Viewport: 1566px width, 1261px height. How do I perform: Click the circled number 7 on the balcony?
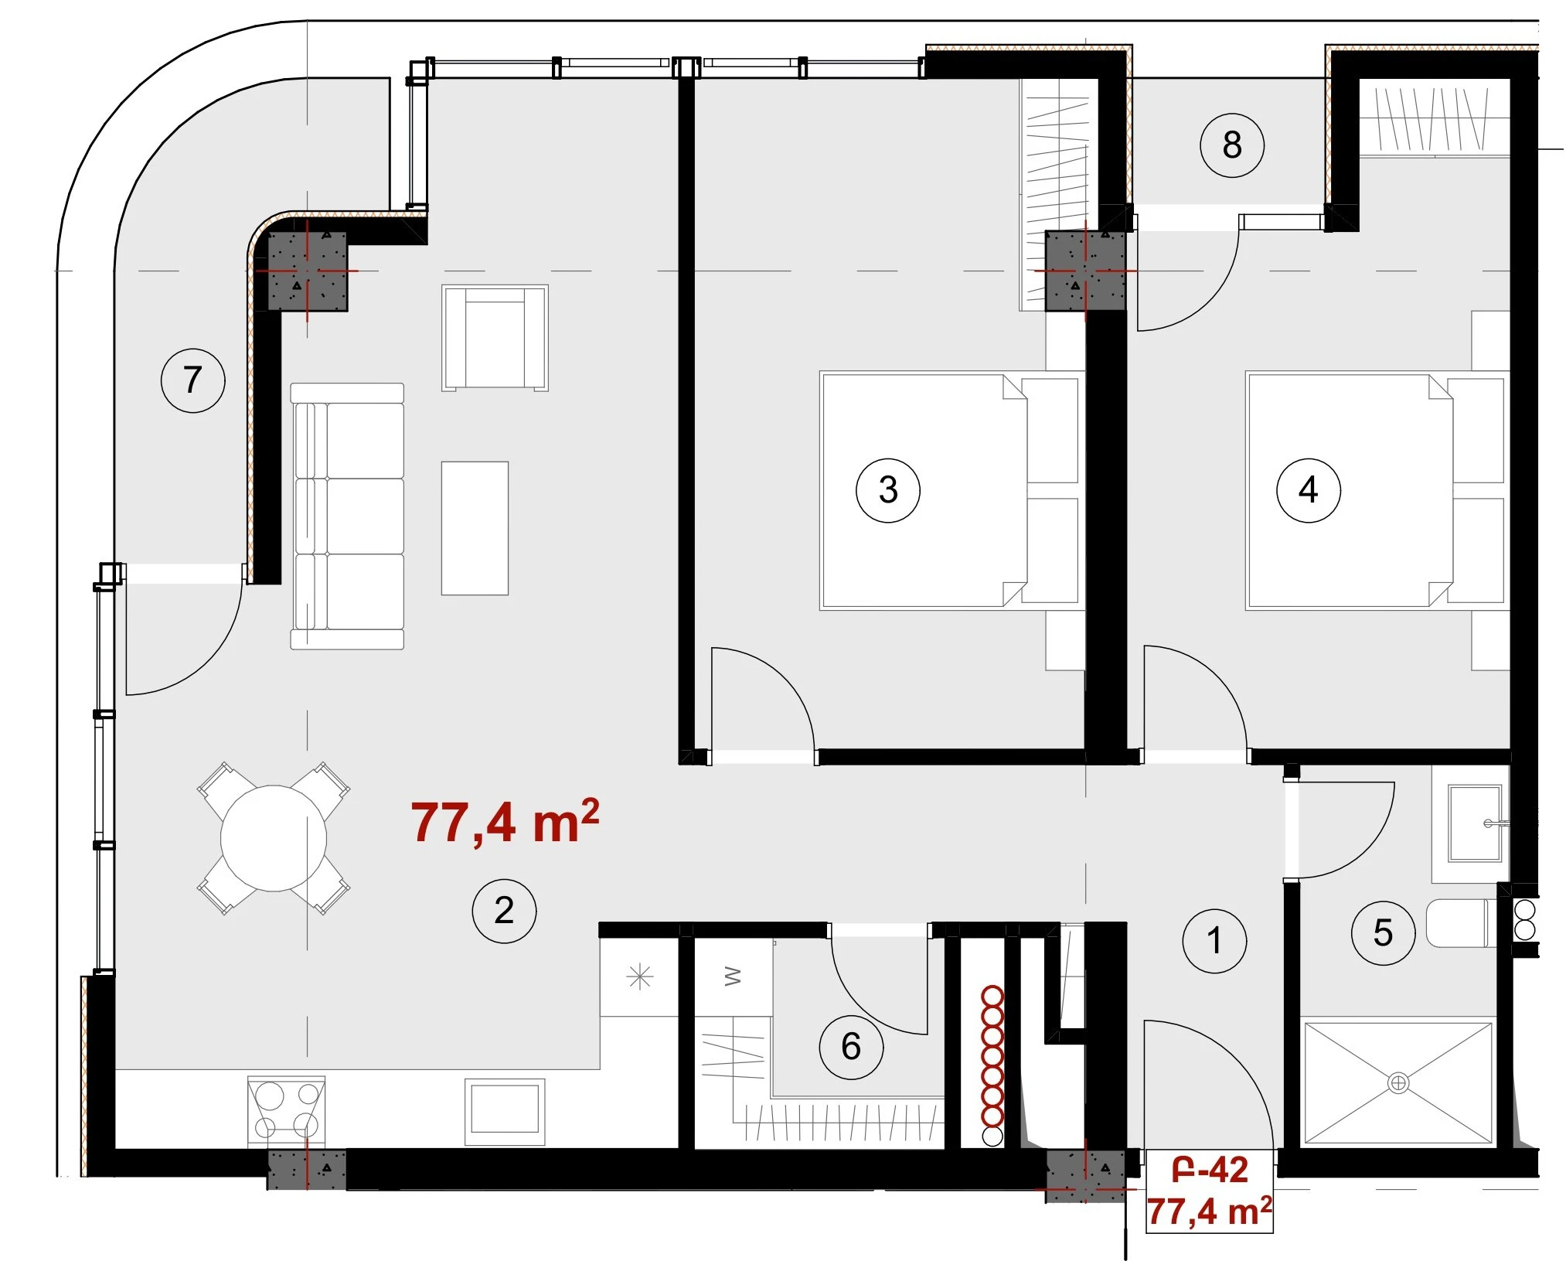(x=192, y=380)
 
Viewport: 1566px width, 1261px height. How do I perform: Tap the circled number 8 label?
(x=1232, y=145)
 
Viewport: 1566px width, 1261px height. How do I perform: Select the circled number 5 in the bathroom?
(x=1383, y=932)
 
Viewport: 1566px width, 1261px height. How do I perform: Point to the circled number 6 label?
(x=851, y=1047)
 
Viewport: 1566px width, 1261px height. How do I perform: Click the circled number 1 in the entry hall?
(x=1214, y=940)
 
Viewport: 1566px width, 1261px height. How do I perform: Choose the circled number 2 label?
(x=504, y=910)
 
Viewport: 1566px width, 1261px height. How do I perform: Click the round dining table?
(x=274, y=838)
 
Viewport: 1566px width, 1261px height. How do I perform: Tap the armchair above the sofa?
(x=495, y=338)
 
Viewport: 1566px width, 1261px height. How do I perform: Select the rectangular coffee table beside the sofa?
(x=475, y=528)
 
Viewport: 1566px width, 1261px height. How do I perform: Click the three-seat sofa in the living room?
(x=347, y=516)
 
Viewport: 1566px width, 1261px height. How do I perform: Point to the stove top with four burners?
(x=286, y=1110)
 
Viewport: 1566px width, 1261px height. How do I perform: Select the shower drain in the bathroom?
(x=1397, y=1082)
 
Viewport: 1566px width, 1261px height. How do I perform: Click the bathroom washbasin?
(x=1475, y=823)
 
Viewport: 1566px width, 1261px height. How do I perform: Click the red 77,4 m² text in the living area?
(x=505, y=822)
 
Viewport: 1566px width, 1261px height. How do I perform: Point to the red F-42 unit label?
(x=1210, y=1171)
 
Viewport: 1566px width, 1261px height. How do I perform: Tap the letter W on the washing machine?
(x=733, y=977)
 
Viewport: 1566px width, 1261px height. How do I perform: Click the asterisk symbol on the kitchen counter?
(x=640, y=978)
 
